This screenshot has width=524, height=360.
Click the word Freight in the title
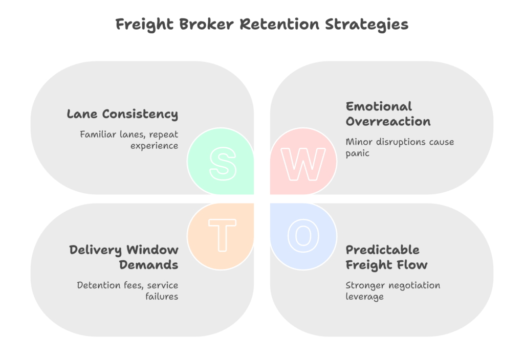tap(142, 25)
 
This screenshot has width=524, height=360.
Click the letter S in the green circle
tap(223, 164)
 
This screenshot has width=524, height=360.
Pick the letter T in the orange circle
tap(223, 235)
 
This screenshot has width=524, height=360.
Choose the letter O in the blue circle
tap(303, 235)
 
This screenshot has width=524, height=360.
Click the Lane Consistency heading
tap(122, 114)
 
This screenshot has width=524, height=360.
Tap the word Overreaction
tap(388, 121)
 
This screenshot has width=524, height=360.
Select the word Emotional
tap(379, 106)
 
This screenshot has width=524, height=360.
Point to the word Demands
tap(149, 265)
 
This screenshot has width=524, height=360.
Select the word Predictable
tap(382, 250)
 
